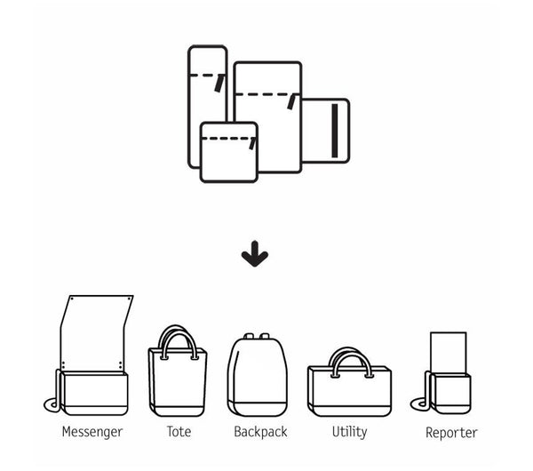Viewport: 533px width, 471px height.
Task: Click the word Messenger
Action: click(92, 433)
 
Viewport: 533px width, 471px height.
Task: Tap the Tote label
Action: click(179, 433)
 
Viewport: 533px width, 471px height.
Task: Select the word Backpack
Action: click(261, 433)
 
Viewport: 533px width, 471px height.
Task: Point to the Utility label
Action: click(349, 433)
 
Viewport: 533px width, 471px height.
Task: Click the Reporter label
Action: click(451, 434)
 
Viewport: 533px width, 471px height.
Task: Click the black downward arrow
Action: click(255, 257)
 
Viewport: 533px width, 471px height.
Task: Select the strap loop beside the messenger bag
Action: click(54, 404)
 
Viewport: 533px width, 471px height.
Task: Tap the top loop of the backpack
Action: click(258, 338)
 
